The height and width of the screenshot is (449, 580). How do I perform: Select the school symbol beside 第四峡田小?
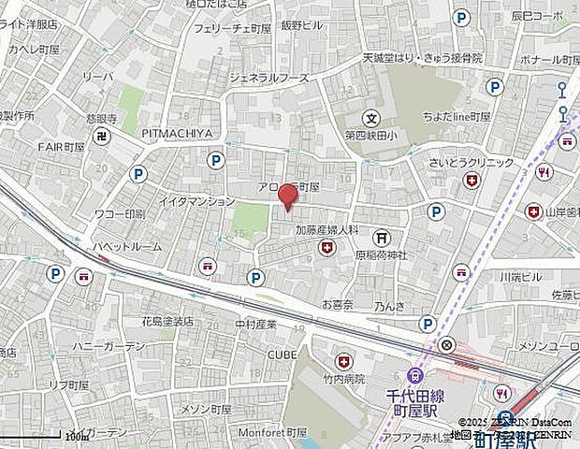[x=372, y=119]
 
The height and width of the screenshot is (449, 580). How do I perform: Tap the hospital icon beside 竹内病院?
[x=344, y=360]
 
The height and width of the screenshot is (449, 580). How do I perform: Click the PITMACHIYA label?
[x=177, y=134]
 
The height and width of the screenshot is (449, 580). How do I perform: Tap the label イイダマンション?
[x=196, y=201]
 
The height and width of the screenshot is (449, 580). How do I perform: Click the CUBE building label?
[x=282, y=355]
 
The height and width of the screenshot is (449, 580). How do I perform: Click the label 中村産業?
[x=255, y=325]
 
